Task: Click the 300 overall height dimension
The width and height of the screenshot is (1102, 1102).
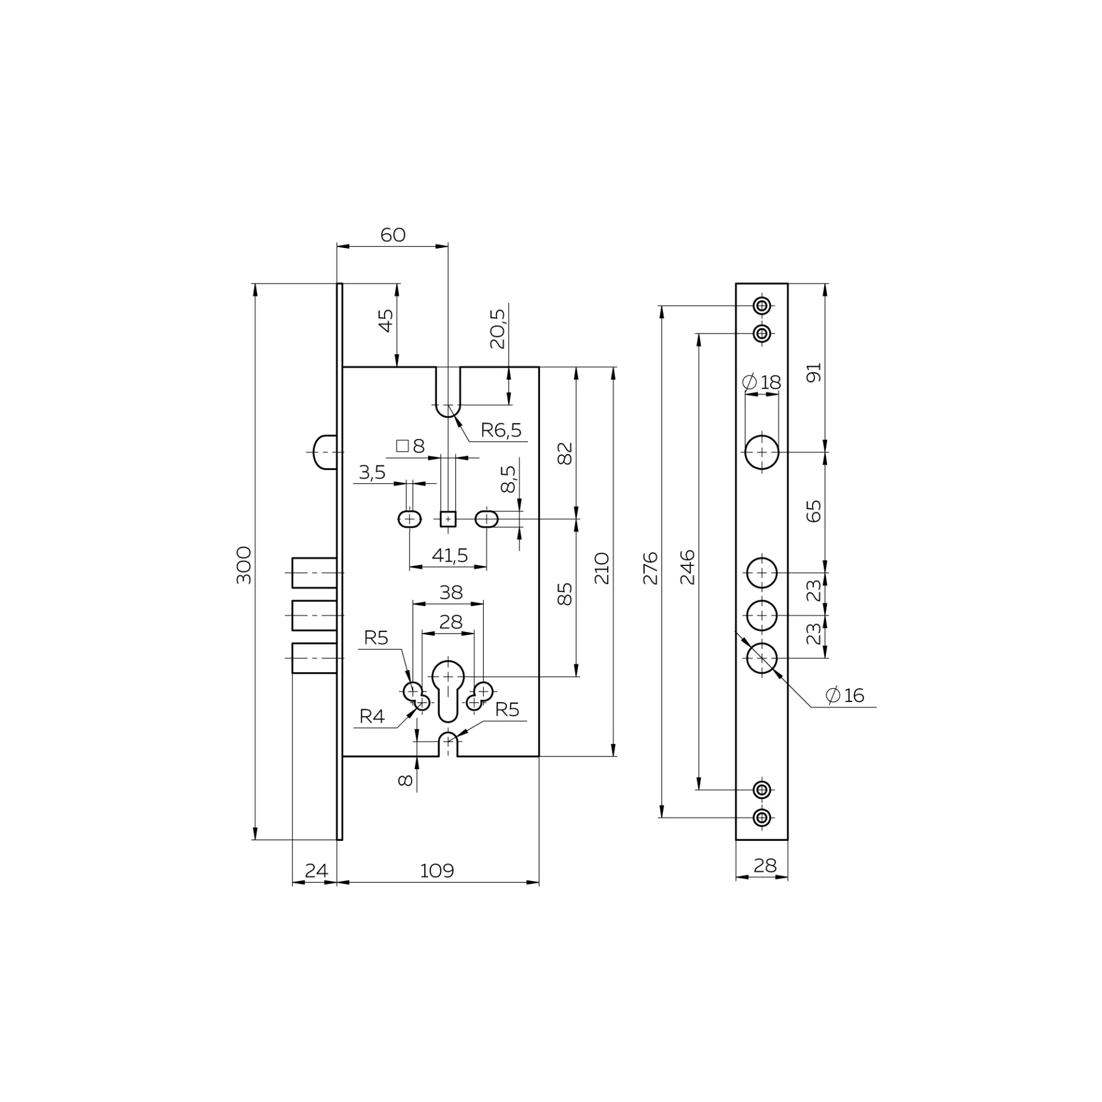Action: point(244,565)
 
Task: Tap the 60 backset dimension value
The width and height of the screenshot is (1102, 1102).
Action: point(393,235)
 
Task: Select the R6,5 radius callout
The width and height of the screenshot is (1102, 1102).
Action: point(501,430)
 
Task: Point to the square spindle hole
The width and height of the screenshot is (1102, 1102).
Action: point(448,519)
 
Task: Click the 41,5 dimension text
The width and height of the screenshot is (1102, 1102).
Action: point(449,555)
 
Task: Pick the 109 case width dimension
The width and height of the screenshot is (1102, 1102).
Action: point(437,871)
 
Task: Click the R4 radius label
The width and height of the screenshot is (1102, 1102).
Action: point(372,716)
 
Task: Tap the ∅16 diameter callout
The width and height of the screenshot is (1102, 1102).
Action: point(845,695)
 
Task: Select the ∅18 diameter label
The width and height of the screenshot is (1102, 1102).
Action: point(761,382)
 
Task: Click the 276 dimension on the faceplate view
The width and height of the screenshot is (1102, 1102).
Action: point(650,568)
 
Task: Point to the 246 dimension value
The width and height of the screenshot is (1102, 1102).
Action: point(688,567)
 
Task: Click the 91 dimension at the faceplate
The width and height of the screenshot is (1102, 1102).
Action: point(814,372)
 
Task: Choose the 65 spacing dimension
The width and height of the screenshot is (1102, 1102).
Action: point(814,511)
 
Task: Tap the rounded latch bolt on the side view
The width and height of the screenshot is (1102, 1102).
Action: point(324,452)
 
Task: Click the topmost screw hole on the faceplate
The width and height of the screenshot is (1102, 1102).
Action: point(762,306)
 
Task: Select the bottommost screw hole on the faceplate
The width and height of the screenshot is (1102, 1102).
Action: point(762,817)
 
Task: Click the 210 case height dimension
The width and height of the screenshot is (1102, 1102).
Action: point(602,568)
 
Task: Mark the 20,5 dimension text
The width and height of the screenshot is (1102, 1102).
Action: point(497,329)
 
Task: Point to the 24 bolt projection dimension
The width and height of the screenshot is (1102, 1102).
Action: point(316,871)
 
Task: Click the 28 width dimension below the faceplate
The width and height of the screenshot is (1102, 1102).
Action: point(765,865)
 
